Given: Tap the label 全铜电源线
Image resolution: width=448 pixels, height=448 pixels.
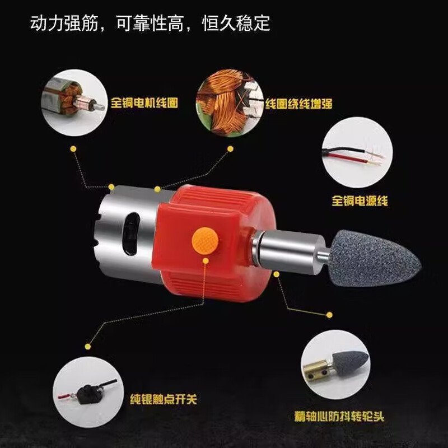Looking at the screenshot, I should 360,200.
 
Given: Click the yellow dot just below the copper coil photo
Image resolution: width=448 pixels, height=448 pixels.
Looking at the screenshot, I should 230,149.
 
